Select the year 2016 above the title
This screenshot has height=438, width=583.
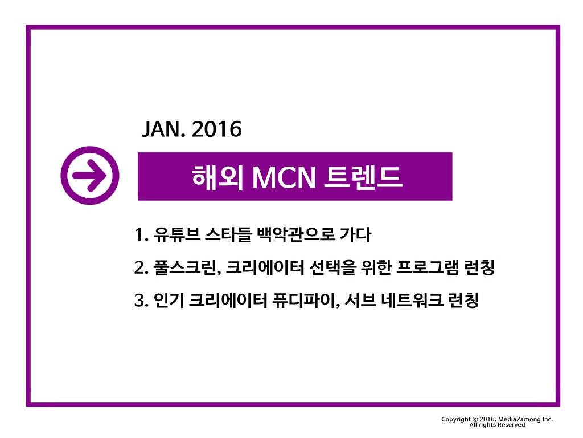217,130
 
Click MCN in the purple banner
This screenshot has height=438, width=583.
284,177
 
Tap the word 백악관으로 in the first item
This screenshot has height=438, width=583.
295,234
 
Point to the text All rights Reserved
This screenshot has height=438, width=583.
497,425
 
